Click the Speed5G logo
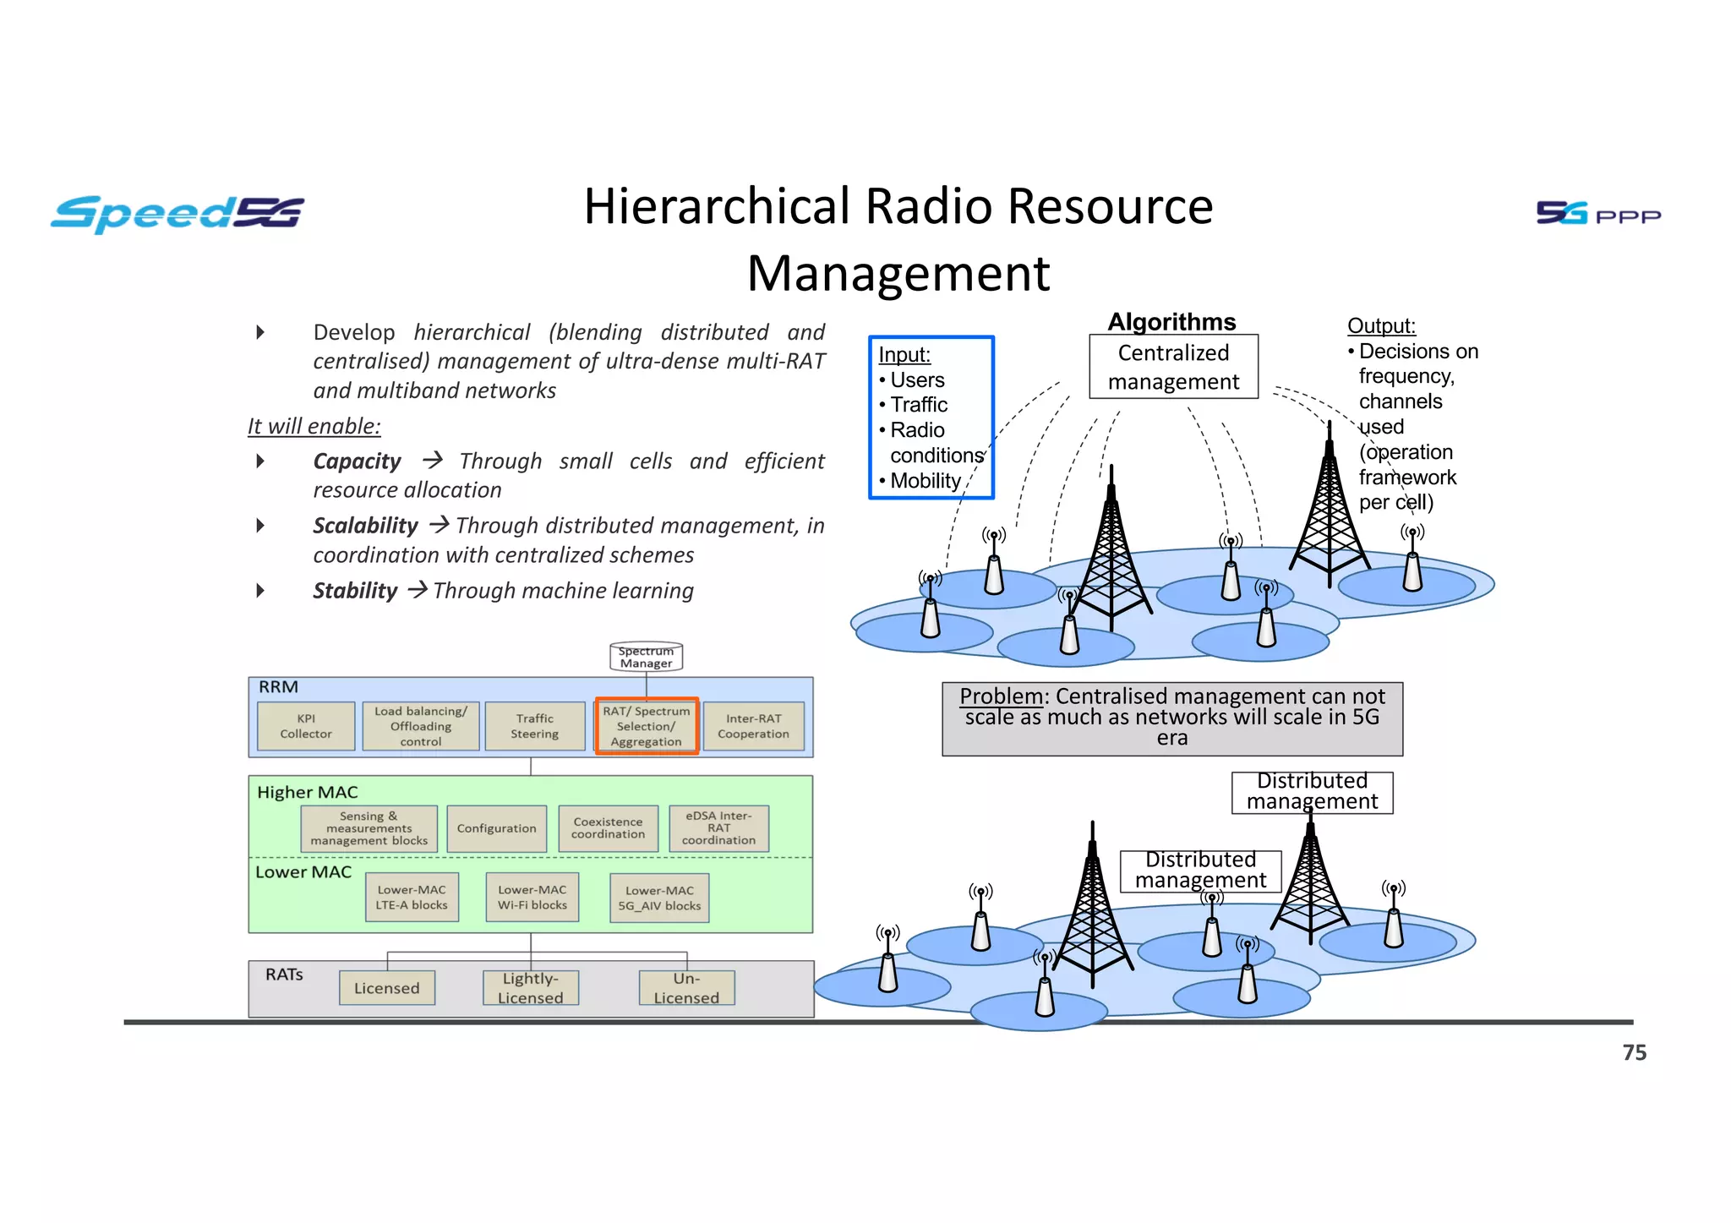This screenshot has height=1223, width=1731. (x=177, y=213)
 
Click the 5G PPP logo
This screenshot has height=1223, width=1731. (x=1597, y=213)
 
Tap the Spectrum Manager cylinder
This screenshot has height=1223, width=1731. (x=646, y=657)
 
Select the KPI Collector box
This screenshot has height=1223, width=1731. (x=306, y=727)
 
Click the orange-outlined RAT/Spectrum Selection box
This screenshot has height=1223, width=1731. (x=647, y=726)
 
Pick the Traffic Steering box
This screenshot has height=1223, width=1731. (x=534, y=727)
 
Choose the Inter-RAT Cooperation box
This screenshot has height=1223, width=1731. (x=753, y=727)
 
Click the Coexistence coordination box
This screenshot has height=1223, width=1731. (x=608, y=828)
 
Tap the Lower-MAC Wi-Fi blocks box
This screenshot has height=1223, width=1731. (x=532, y=898)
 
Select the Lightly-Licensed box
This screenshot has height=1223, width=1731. (x=530, y=988)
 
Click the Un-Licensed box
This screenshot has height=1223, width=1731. (x=686, y=988)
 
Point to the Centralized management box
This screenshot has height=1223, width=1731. (x=1173, y=368)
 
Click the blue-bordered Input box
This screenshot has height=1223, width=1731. (x=931, y=418)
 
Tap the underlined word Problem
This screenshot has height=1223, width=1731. (x=1001, y=696)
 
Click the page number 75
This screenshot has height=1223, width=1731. (x=1634, y=1053)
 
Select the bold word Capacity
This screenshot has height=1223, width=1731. (x=357, y=461)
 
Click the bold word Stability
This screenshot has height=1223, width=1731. (x=355, y=591)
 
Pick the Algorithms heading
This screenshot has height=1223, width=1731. (x=1171, y=322)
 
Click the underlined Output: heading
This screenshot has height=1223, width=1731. (x=1381, y=326)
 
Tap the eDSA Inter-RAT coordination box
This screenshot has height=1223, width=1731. (x=718, y=828)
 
